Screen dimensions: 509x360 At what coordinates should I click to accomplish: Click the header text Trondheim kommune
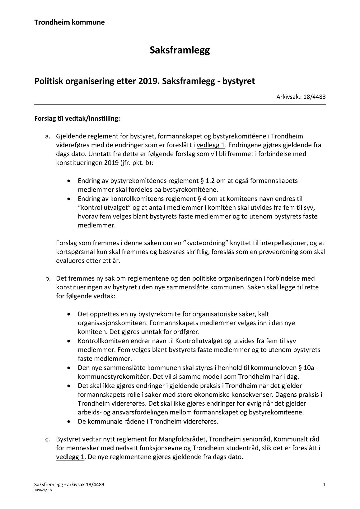(69, 22)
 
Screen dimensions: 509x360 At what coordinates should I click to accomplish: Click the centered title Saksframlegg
(180, 50)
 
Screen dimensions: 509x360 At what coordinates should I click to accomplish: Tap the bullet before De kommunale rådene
(69, 422)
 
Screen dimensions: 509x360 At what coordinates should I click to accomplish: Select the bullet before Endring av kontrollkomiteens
(69, 199)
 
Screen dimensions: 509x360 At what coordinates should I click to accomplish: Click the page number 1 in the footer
(324, 485)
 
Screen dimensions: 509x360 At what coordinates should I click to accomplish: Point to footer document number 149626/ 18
(43, 490)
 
